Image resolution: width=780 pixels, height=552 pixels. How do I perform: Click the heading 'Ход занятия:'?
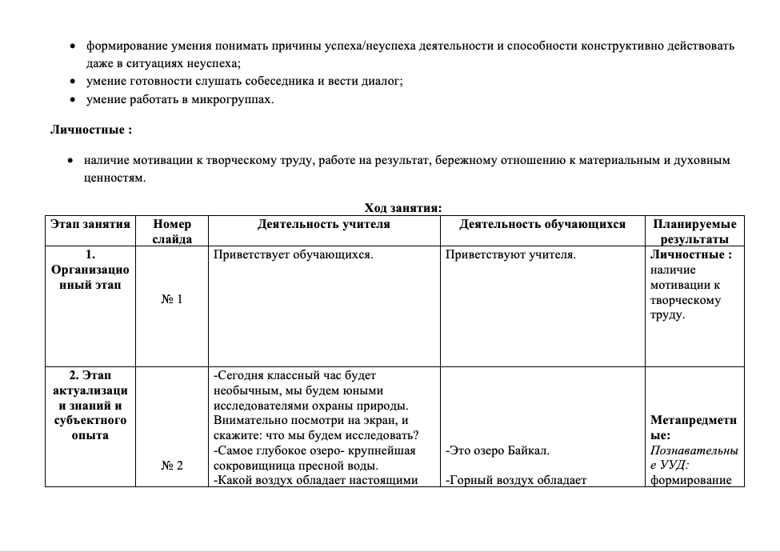click(403, 208)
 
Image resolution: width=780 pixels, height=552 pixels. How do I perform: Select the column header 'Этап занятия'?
click(90, 224)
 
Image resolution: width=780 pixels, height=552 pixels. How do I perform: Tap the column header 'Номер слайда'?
click(172, 231)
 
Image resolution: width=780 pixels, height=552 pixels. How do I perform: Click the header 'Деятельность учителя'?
click(324, 224)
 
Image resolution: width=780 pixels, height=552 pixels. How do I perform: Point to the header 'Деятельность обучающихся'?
click(542, 224)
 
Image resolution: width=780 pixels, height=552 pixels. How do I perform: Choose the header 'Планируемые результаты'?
click(694, 231)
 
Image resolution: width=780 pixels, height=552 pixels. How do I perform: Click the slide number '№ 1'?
click(172, 299)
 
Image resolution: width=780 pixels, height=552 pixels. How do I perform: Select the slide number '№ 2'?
click(172, 466)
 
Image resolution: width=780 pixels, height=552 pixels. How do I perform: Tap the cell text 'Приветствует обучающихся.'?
click(294, 254)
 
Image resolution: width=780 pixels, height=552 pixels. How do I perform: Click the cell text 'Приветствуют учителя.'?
click(510, 254)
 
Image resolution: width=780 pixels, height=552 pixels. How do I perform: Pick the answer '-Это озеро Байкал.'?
click(497, 450)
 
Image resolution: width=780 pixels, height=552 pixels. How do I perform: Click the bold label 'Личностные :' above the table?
click(91, 129)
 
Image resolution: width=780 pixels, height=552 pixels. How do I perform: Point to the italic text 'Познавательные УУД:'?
click(694, 458)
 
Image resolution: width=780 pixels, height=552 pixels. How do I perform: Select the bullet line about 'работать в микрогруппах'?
click(179, 99)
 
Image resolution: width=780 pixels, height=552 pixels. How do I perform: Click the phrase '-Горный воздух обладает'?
click(516, 480)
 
